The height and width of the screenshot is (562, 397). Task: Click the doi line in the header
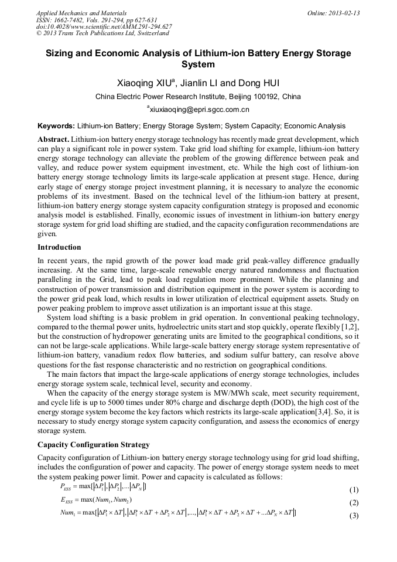pos(104,26)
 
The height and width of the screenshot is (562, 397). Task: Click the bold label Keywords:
pos(56,126)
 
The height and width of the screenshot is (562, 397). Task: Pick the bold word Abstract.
pos(53,139)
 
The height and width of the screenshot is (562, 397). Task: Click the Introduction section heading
pos(59,247)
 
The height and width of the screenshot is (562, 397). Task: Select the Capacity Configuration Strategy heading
pos(93,444)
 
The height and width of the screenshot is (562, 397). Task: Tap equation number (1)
pos(353,489)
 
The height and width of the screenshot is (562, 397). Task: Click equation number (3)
pos(353,516)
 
